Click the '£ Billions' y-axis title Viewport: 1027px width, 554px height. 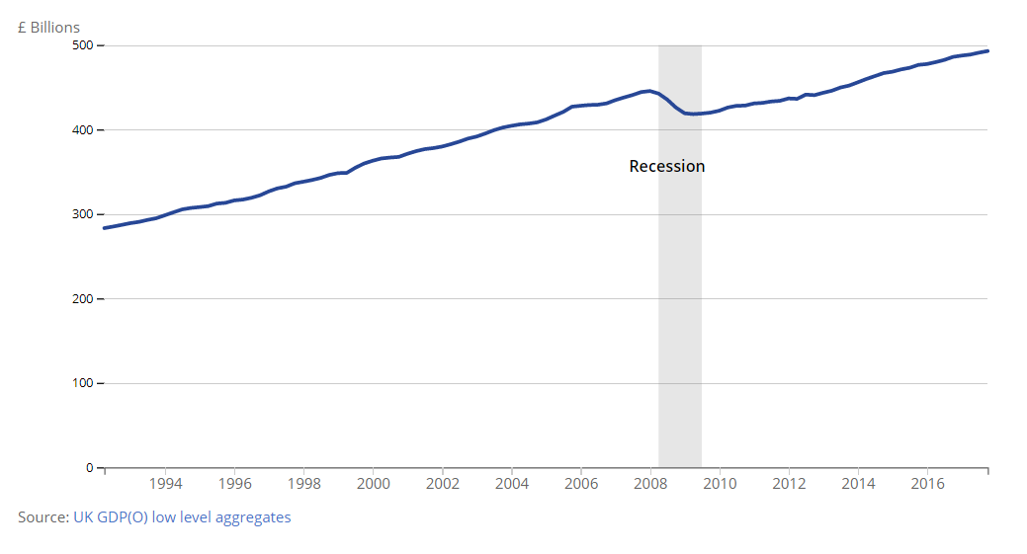(x=48, y=28)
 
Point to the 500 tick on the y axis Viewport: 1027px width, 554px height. (x=82, y=45)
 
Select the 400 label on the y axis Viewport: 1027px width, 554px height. (x=82, y=130)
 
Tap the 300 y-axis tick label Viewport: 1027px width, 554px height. (x=82, y=214)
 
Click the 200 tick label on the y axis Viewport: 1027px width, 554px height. (x=82, y=299)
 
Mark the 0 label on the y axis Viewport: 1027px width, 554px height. (x=89, y=468)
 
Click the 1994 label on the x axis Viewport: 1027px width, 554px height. (x=164, y=485)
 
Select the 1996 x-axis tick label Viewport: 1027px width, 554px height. (x=233, y=485)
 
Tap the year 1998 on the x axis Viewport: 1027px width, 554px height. (x=303, y=485)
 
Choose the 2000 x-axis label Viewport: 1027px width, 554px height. (x=373, y=485)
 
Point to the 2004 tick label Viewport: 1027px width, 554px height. (x=511, y=485)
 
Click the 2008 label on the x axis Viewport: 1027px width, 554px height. (x=650, y=485)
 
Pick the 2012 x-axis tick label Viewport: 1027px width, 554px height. (x=789, y=485)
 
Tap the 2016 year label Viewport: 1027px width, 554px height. (x=927, y=485)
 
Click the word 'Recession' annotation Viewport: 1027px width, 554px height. (x=667, y=166)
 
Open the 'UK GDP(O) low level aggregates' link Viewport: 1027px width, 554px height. (x=182, y=516)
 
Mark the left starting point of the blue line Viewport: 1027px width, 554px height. (x=104, y=228)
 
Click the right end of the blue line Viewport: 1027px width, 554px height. (x=987, y=50)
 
